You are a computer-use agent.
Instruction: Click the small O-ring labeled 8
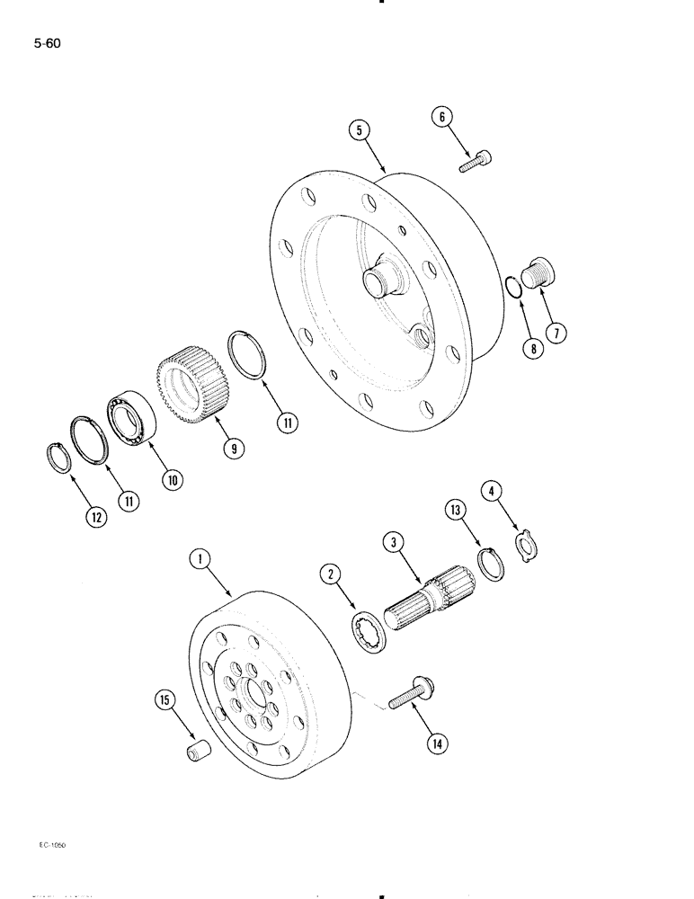[512, 290]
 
